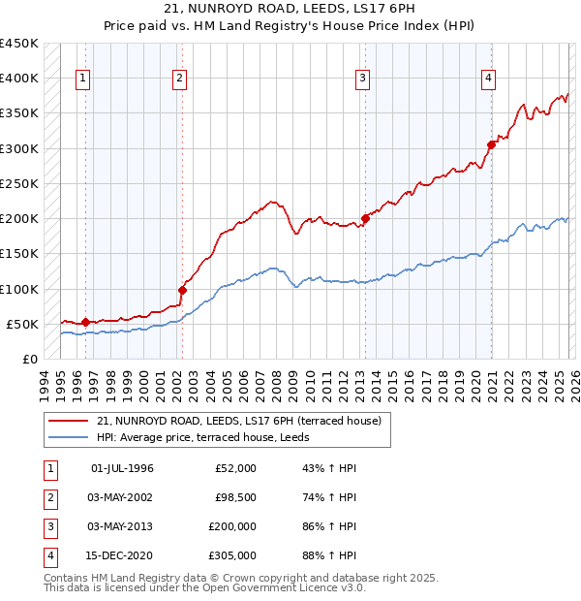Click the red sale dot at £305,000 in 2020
(x=492, y=144)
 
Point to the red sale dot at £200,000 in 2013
(x=366, y=218)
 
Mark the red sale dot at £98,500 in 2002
(x=182, y=289)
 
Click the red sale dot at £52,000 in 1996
(x=85, y=322)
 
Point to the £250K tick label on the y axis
(x=18, y=183)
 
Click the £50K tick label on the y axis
(x=22, y=324)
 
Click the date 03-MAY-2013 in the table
(x=121, y=526)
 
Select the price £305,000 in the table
(x=232, y=555)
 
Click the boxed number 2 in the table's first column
(x=48, y=497)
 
